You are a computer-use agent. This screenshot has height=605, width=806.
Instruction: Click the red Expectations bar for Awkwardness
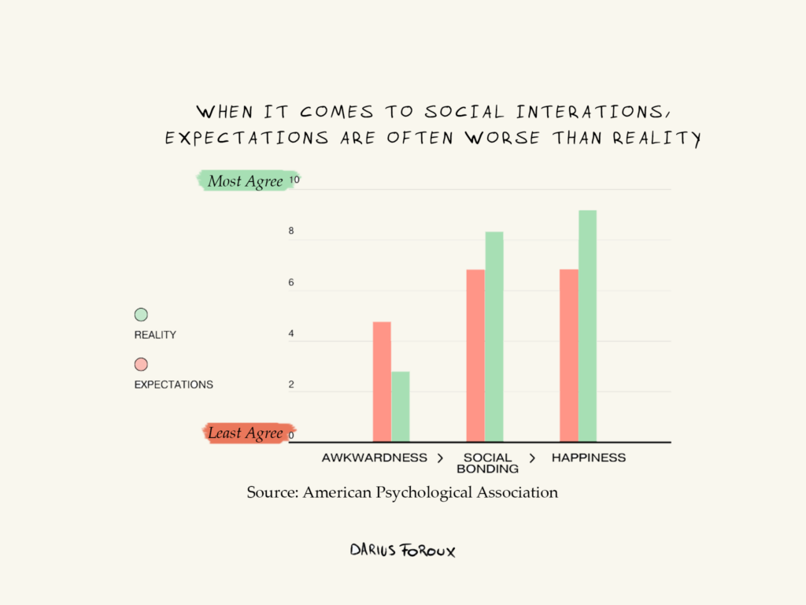pyautogui.click(x=382, y=382)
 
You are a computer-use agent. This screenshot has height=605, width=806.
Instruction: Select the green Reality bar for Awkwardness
pyautogui.click(x=401, y=406)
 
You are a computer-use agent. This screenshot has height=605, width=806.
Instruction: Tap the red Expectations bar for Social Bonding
pyautogui.click(x=475, y=355)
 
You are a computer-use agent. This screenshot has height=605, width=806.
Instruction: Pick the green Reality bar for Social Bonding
pyautogui.click(x=494, y=337)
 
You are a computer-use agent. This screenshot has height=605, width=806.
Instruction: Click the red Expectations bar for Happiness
pyautogui.click(x=568, y=355)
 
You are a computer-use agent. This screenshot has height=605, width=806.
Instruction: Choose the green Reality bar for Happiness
pyautogui.click(x=587, y=326)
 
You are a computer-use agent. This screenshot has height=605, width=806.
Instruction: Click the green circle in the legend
pyautogui.click(x=141, y=314)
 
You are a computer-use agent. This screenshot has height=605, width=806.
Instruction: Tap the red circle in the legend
pyautogui.click(x=141, y=365)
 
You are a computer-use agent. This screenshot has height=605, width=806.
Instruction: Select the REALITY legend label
pyautogui.click(x=155, y=335)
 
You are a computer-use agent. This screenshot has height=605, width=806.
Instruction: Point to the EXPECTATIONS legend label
pyautogui.click(x=173, y=385)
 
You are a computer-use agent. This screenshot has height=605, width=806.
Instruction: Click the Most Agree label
pyautogui.click(x=245, y=181)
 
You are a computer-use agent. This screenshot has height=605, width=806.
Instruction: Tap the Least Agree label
pyautogui.click(x=245, y=433)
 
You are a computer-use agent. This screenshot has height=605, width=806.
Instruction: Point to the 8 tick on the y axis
pyautogui.click(x=291, y=232)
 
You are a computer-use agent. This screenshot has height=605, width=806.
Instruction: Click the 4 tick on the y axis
pyautogui.click(x=291, y=334)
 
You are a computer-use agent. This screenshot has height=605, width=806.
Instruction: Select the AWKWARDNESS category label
pyautogui.click(x=374, y=458)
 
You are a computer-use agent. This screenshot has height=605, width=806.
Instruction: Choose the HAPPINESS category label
pyautogui.click(x=589, y=458)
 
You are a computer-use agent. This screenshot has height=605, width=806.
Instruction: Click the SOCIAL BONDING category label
pyautogui.click(x=487, y=463)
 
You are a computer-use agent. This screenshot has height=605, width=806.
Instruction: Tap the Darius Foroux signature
pyautogui.click(x=402, y=550)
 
